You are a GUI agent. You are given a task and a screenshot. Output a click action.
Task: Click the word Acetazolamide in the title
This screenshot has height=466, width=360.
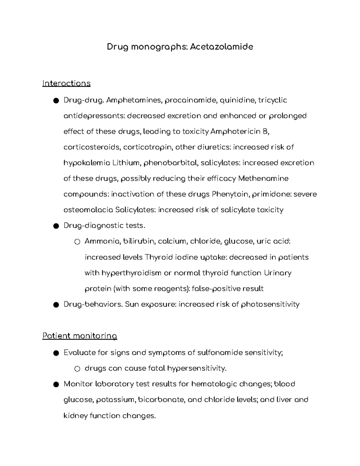(221, 47)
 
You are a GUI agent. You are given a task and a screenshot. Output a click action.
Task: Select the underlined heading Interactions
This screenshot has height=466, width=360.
(66, 83)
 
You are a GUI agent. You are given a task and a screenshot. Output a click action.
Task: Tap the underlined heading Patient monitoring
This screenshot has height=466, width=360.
(79, 336)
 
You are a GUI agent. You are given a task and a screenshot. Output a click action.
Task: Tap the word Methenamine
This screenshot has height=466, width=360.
(263, 179)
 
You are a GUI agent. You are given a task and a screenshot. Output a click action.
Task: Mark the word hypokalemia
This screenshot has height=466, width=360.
(87, 163)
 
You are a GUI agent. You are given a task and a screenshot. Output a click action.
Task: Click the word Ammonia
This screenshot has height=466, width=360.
(102, 241)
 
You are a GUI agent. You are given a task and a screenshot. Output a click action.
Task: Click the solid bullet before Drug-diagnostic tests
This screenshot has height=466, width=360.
(55, 226)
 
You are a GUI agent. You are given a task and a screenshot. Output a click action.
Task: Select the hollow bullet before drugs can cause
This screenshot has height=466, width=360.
(77, 369)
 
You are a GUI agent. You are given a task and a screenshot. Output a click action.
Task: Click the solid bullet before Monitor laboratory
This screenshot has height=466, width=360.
(55, 384)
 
